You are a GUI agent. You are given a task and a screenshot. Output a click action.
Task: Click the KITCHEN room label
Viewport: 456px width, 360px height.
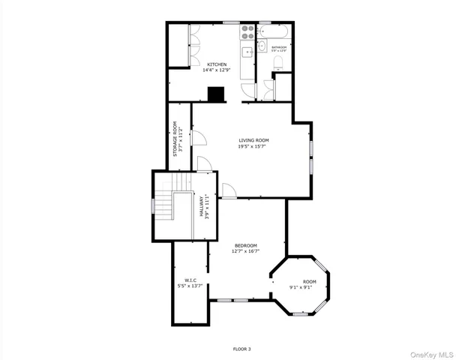(x=217, y=64)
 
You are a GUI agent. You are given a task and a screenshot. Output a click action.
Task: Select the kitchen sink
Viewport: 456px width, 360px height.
(x=247, y=51)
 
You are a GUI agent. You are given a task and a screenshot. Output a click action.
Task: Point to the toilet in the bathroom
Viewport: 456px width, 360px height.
(x=278, y=64)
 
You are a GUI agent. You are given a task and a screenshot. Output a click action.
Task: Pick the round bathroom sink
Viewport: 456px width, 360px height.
(x=262, y=46)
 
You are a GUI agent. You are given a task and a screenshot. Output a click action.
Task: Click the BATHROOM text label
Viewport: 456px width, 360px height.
(x=279, y=47)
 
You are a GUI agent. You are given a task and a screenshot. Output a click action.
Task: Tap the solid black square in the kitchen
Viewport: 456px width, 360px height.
(x=217, y=94)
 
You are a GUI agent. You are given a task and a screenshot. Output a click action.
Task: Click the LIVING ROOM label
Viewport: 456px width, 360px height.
(x=253, y=140)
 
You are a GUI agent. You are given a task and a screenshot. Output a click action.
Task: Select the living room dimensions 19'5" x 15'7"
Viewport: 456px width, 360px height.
(x=253, y=146)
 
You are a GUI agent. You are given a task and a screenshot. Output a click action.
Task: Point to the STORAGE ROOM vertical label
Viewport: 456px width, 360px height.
(x=174, y=139)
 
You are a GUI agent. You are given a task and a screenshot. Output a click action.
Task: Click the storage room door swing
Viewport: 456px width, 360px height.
(x=199, y=138)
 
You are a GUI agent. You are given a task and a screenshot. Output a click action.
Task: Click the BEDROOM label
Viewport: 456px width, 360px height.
(x=246, y=245)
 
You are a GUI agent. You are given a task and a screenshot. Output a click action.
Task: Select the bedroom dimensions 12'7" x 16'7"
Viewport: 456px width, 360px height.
(x=246, y=251)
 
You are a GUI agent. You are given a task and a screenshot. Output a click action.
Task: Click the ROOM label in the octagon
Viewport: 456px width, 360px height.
(x=309, y=281)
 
